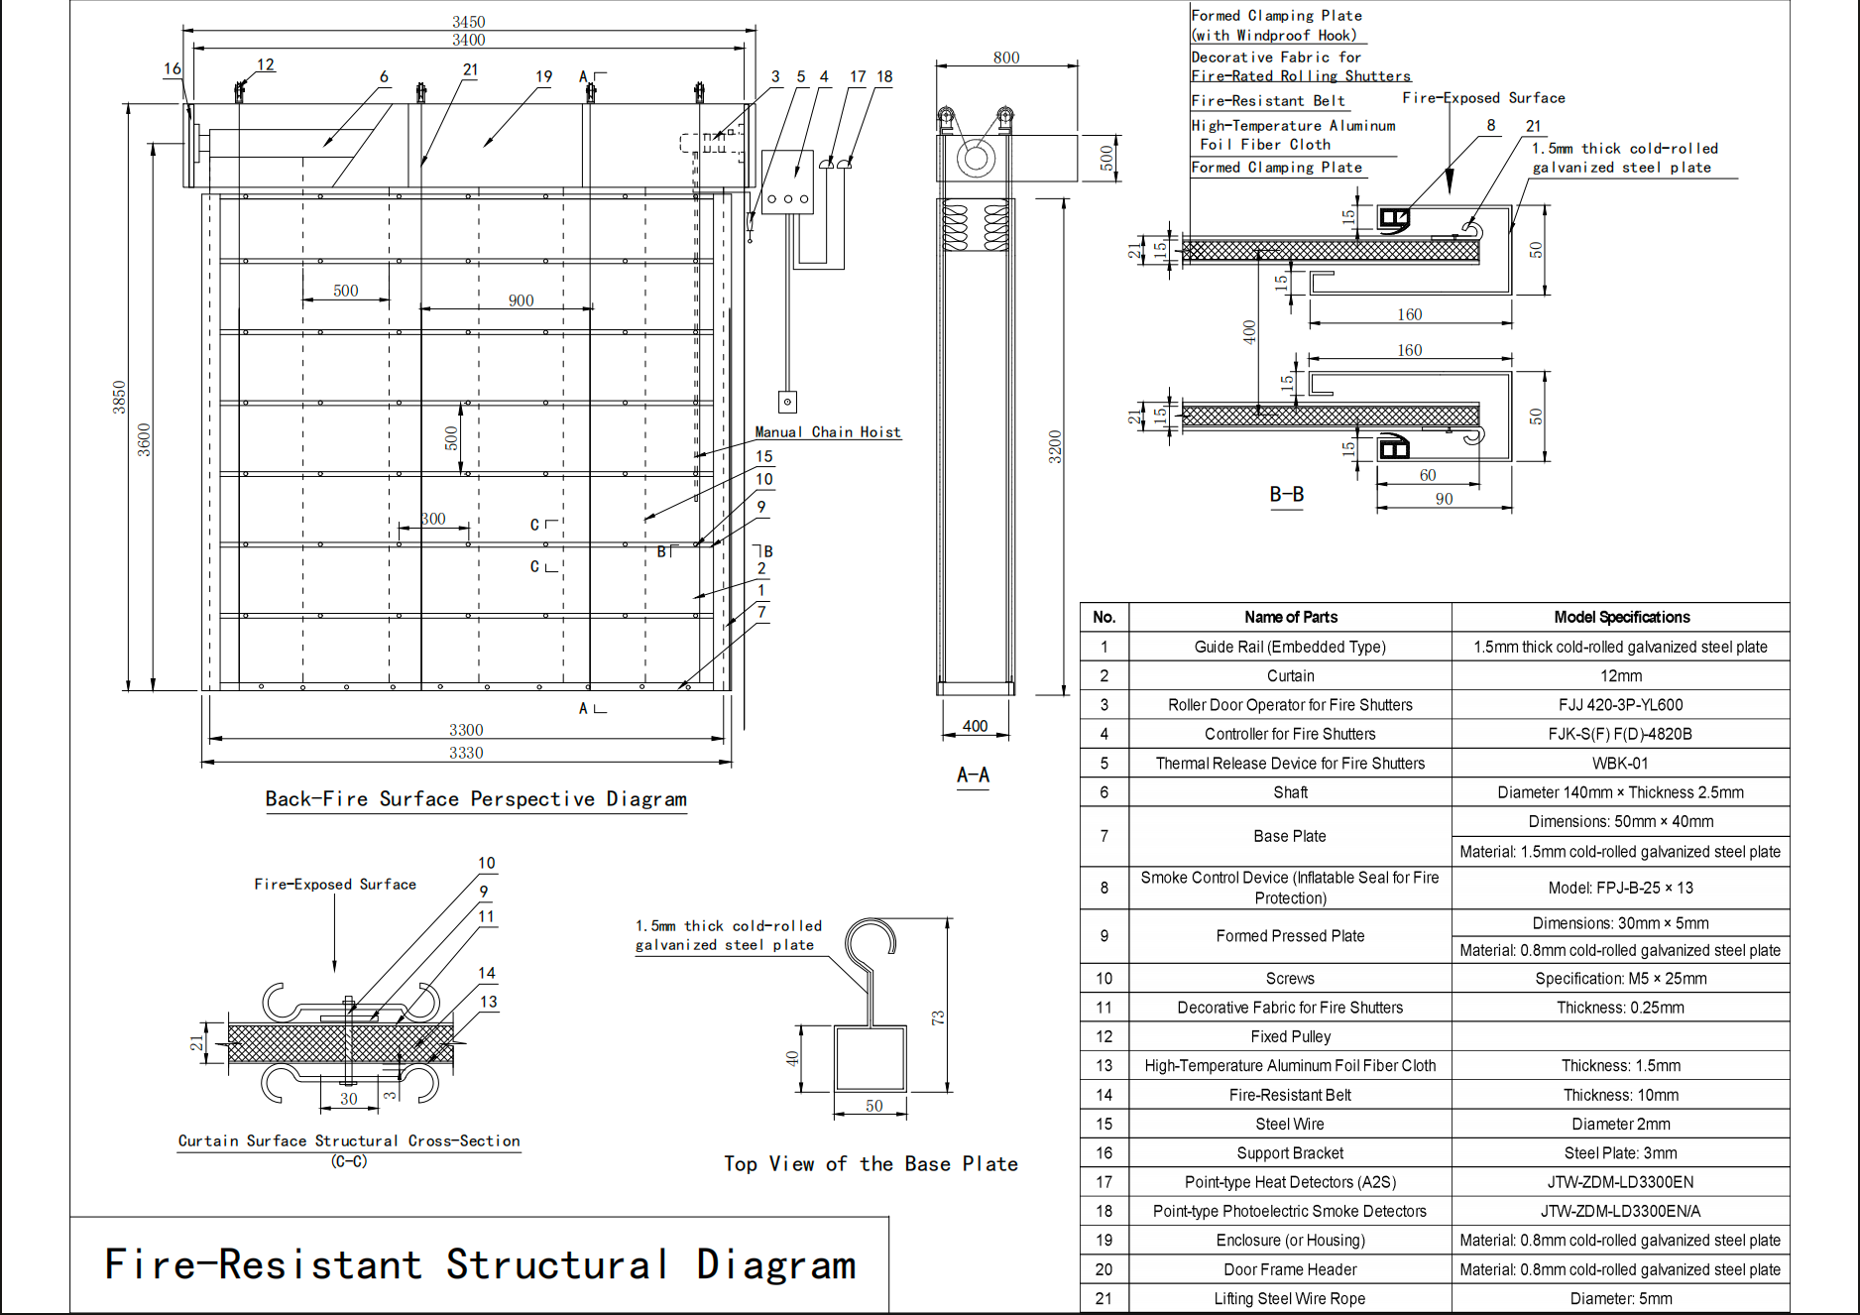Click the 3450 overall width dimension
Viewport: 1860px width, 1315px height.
click(468, 22)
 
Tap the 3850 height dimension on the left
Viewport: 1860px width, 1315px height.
click(119, 397)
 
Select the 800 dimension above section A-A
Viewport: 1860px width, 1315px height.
click(1005, 58)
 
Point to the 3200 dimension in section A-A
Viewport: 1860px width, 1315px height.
click(1055, 446)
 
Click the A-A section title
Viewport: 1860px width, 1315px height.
click(973, 776)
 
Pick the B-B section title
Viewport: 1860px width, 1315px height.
click(1286, 494)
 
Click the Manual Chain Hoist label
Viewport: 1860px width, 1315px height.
click(828, 432)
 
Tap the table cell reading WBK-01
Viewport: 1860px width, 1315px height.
click(1620, 764)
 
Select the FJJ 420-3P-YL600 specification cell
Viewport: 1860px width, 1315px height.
click(1620, 705)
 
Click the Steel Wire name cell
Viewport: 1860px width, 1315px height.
click(1289, 1124)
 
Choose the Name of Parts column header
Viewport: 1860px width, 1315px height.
click(1290, 617)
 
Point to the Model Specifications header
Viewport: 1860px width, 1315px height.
click(1621, 617)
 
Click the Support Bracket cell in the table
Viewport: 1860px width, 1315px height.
click(1289, 1153)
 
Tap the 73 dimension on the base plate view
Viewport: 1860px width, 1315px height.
click(937, 1017)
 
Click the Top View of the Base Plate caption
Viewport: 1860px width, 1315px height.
click(871, 1164)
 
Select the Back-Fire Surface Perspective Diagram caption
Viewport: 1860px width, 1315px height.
click(476, 799)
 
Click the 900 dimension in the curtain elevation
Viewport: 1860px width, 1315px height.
click(521, 300)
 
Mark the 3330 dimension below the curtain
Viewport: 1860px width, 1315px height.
click(466, 753)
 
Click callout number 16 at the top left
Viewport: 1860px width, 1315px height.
click(173, 68)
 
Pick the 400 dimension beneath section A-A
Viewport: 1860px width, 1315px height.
click(975, 726)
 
